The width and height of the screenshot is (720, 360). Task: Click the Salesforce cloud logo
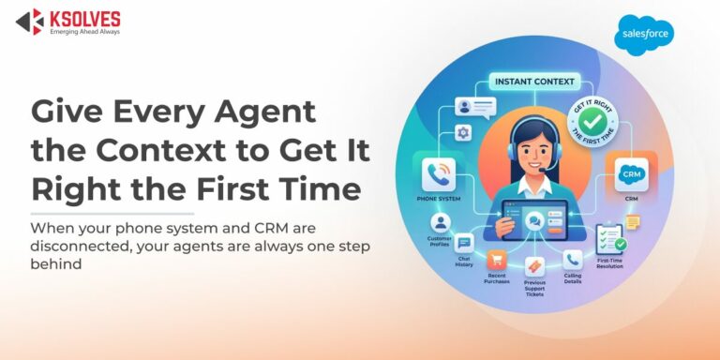pyautogui.click(x=643, y=36)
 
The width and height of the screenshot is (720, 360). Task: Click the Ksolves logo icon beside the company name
pyautogui.click(x=29, y=22)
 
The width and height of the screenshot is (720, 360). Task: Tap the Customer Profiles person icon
pyautogui.click(x=441, y=223)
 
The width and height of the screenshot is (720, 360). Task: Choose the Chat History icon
pyautogui.click(x=465, y=243)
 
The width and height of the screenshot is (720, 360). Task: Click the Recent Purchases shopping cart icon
pyautogui.click(x=498, y=260)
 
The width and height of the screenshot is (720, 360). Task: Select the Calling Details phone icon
pyautogui.click(x=573, y=257)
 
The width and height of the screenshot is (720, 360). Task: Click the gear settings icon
pyautogui.click(x=463, y=133)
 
